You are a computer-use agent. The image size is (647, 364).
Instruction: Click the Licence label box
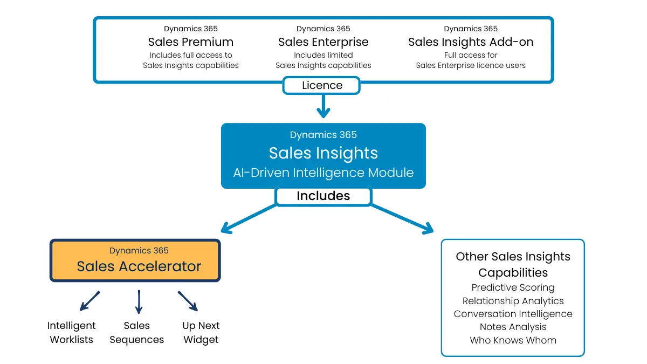[322, 85]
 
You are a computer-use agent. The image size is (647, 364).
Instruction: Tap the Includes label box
[323, 196]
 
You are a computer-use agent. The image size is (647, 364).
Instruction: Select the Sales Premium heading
[191, 42]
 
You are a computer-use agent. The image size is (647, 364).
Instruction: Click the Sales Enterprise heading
[323, 42]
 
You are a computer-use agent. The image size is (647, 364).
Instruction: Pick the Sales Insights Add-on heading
[471, 42]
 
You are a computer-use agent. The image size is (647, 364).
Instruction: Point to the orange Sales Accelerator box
[135, 260]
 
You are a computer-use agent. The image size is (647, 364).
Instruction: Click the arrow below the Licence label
[323, 106]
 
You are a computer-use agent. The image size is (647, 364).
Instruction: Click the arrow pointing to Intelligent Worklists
[90, 301]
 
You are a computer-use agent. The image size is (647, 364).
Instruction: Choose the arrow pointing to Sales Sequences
[139, 302]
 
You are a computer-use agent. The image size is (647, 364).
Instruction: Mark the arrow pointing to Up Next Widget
[188, 301]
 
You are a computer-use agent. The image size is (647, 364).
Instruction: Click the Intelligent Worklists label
[72, 333]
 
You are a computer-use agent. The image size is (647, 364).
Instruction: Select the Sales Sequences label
[137, 333]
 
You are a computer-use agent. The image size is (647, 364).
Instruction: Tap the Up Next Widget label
[201, 333]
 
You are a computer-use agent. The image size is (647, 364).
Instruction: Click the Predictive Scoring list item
[513, 288]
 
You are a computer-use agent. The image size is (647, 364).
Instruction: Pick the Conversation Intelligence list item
[513, 314]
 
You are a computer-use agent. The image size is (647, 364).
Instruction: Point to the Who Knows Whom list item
[513, 340]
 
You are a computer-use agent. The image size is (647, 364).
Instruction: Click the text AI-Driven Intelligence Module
[323, 173]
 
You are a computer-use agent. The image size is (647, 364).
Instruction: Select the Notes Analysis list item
[513, 327]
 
